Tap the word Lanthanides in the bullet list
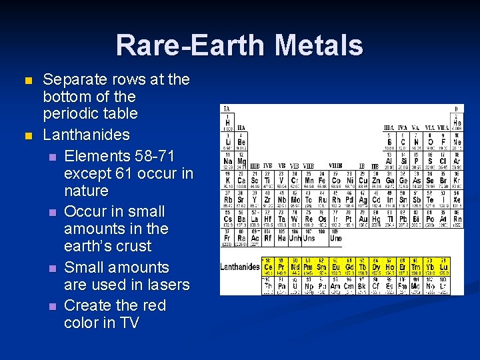pos(86,135)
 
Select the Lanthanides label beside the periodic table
pos(240,267)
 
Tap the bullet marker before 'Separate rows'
pos(27,80)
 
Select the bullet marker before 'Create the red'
pos(53,306)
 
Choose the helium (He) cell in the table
pos(457,123)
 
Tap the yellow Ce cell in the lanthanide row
pos(269,266)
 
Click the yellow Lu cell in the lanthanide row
pos(444,266)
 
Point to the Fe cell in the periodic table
pos(323,181)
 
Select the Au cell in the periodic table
pos(363,219)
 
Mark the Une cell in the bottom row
pos(337,237)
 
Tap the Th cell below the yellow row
pos(269,285)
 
